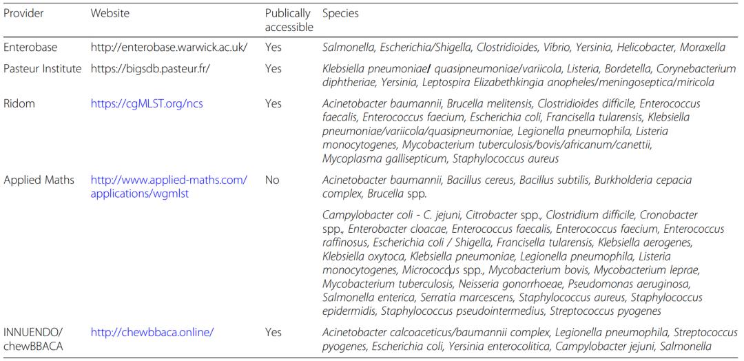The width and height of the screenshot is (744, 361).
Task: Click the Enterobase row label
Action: [30, 48]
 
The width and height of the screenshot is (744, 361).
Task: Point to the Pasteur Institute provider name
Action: [43, 69]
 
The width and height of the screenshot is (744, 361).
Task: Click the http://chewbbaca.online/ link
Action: [152, 332]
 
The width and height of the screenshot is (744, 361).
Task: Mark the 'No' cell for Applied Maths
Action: [272, 180]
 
